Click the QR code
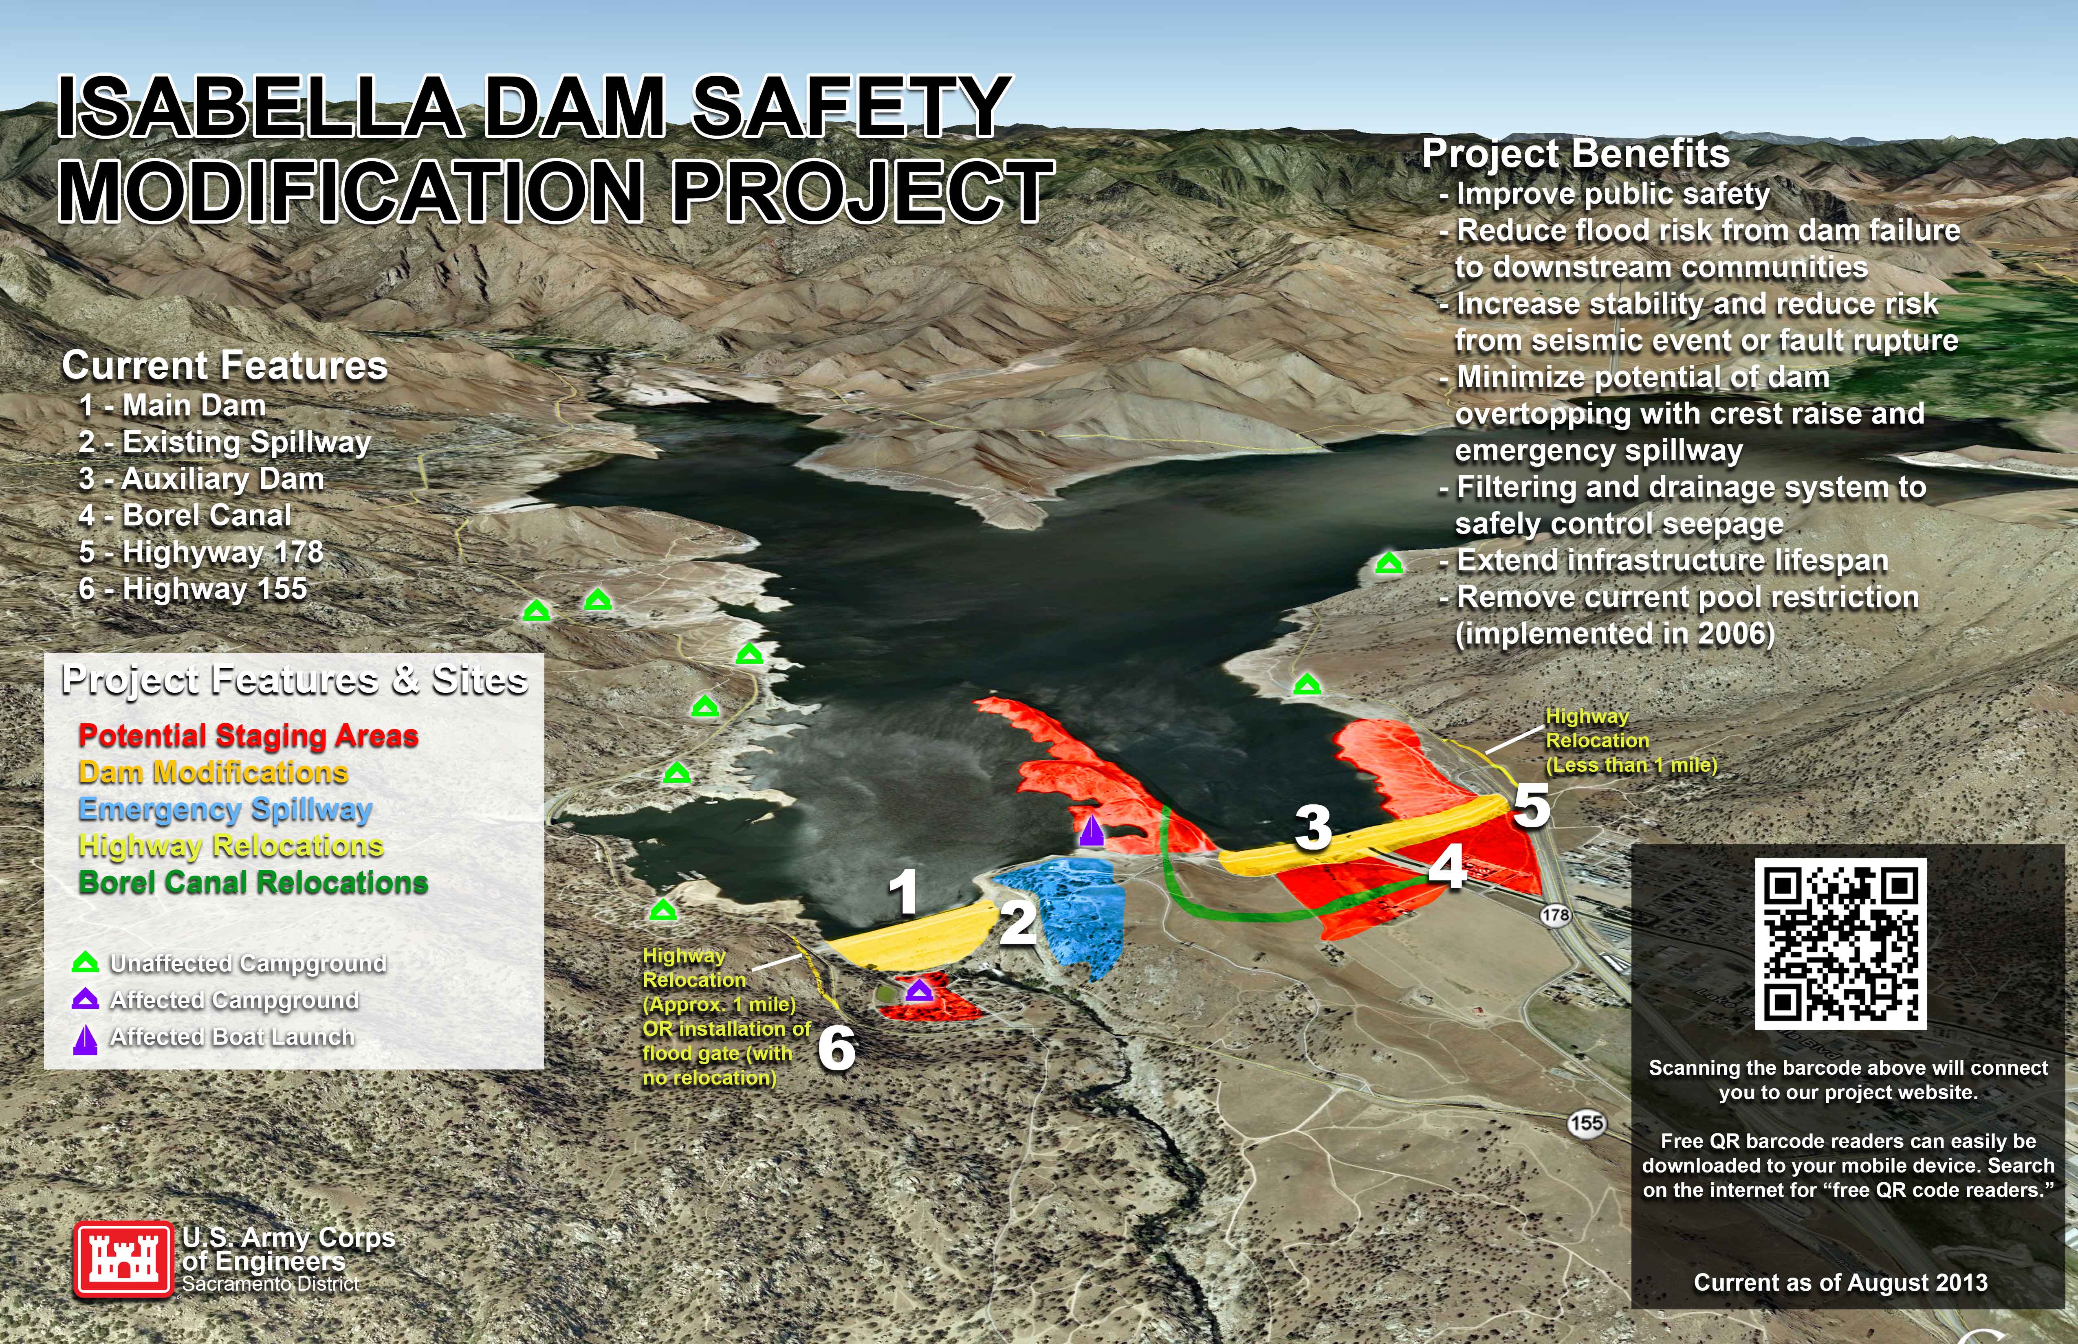1840,943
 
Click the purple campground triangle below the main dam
918,991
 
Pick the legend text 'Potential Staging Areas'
248,736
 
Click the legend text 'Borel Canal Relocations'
253,882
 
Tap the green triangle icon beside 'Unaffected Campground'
85,963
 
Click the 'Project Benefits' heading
1575,154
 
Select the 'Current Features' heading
225,366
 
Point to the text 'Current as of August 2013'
1840,1282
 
